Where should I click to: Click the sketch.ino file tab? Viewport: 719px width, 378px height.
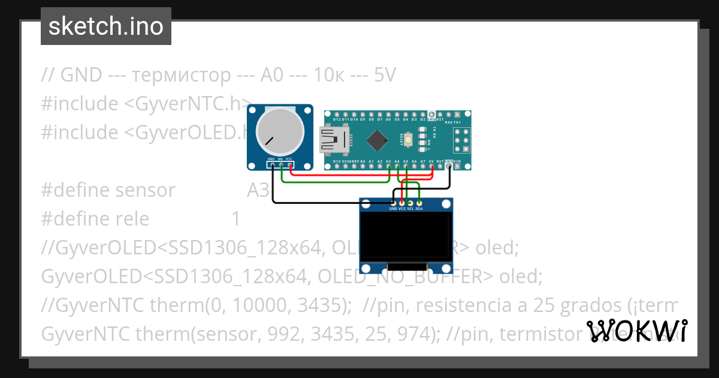tap(106, 26)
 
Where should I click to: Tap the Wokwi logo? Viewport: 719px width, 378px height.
tap(636, 331)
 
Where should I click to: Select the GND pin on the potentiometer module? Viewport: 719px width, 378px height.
tap(272, 165)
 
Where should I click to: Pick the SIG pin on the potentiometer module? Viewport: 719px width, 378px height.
tap(281, 165)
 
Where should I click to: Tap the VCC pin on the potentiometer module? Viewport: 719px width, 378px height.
tap(290, 165)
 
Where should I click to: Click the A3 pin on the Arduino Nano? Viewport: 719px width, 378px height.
tap(389, 167)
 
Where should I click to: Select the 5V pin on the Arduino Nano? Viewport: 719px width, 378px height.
tap(432, 167)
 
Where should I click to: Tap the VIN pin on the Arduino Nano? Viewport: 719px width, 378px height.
tap(458, 167)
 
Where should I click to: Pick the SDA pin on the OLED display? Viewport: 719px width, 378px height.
tap(419, 203)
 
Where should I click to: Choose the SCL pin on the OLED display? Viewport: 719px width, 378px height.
tap(410, 203)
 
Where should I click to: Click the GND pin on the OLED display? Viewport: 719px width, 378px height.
tap(393, 203)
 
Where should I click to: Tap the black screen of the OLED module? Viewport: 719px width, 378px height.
tap(406, 237)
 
